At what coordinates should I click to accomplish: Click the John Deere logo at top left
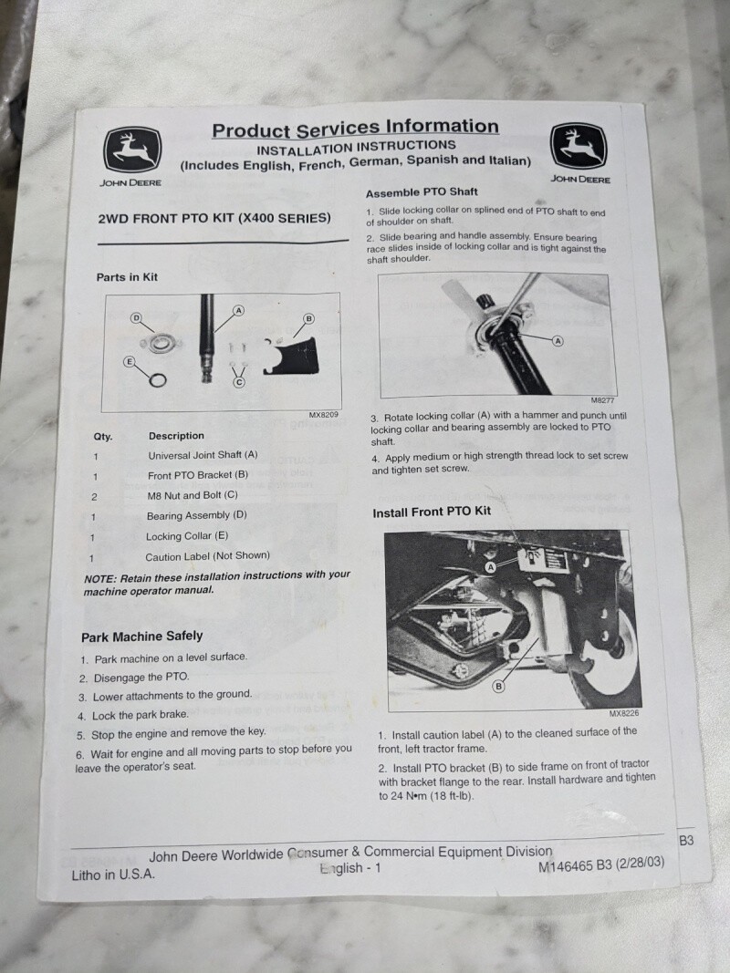132,150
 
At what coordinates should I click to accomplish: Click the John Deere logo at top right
579,147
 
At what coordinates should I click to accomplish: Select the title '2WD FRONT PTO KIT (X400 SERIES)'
214,219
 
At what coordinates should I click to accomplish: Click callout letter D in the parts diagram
136,318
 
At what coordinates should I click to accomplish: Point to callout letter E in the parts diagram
129,362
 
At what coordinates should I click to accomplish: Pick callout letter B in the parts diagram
308,319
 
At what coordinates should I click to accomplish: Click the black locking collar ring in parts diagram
158,379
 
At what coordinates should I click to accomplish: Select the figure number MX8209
323,415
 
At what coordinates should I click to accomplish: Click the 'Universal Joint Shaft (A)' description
203,455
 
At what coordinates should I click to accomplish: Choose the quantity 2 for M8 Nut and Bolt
94,496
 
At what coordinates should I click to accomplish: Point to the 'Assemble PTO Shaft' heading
422,192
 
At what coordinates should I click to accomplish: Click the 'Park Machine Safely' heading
142,637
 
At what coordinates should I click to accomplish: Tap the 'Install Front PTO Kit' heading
432,512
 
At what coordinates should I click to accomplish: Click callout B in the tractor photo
498,687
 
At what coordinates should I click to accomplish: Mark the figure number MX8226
623,714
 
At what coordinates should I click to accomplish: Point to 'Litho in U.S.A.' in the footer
113,875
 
